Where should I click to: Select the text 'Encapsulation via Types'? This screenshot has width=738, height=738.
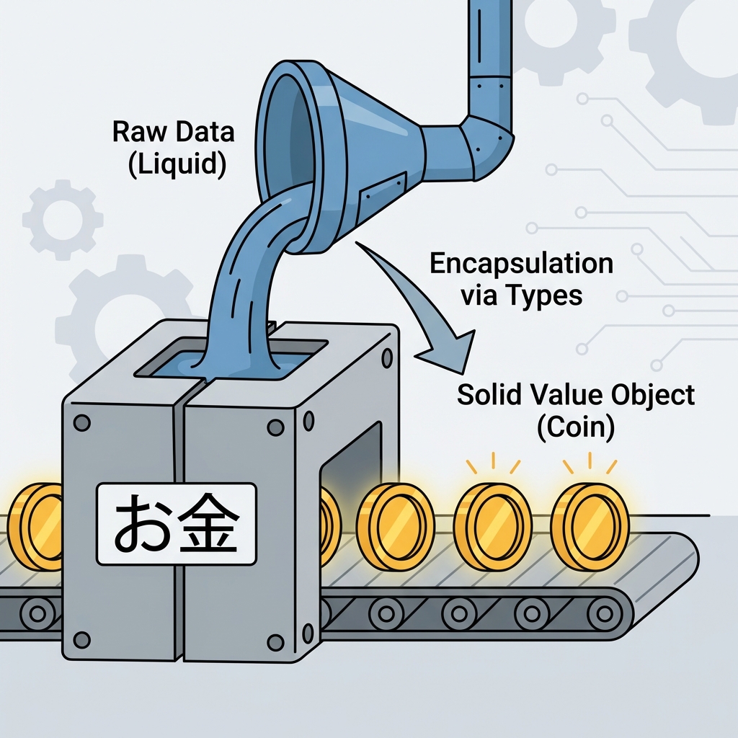520,278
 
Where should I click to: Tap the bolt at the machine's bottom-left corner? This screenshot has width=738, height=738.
81,639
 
